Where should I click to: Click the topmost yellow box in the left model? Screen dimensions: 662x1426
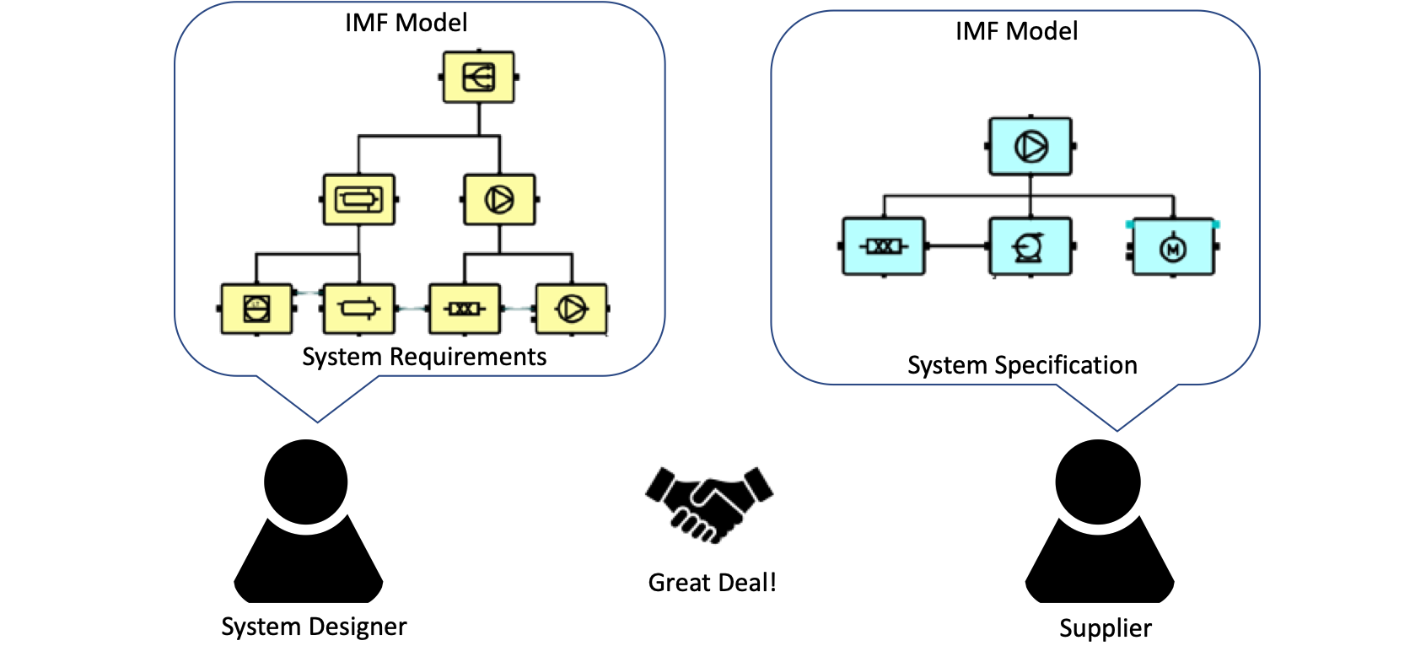(x=479, y=78)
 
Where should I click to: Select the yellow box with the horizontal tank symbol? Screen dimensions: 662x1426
(x=359, y=200)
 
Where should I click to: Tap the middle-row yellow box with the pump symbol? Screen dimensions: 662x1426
(x=499, y=200)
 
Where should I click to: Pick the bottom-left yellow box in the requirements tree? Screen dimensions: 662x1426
(x=256, y=309)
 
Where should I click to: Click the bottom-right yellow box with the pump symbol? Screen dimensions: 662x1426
(x=572, y=309)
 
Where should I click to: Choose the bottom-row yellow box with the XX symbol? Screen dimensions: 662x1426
(x=465, y=309)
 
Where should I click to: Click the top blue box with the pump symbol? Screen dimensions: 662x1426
(x=1030, y=147)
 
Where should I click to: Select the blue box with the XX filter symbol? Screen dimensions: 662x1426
(x=884, y=246)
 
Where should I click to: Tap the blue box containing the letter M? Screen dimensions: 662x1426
(x=1173, y=248)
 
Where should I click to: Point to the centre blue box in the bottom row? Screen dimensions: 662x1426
(x=1030, y=246)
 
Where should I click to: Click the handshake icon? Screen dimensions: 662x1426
(x=710, y=503)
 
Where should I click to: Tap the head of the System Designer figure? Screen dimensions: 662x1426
(x=306, y=481)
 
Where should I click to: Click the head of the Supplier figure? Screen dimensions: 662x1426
(x=1098, y=482)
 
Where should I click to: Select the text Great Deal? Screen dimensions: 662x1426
(x=712, y=583)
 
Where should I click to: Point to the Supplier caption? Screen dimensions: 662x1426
(x=1105, y=628)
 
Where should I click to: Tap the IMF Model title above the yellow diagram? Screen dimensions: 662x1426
(x=406, y=23)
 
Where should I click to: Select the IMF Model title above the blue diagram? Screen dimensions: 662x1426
(x=1016, y=31)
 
